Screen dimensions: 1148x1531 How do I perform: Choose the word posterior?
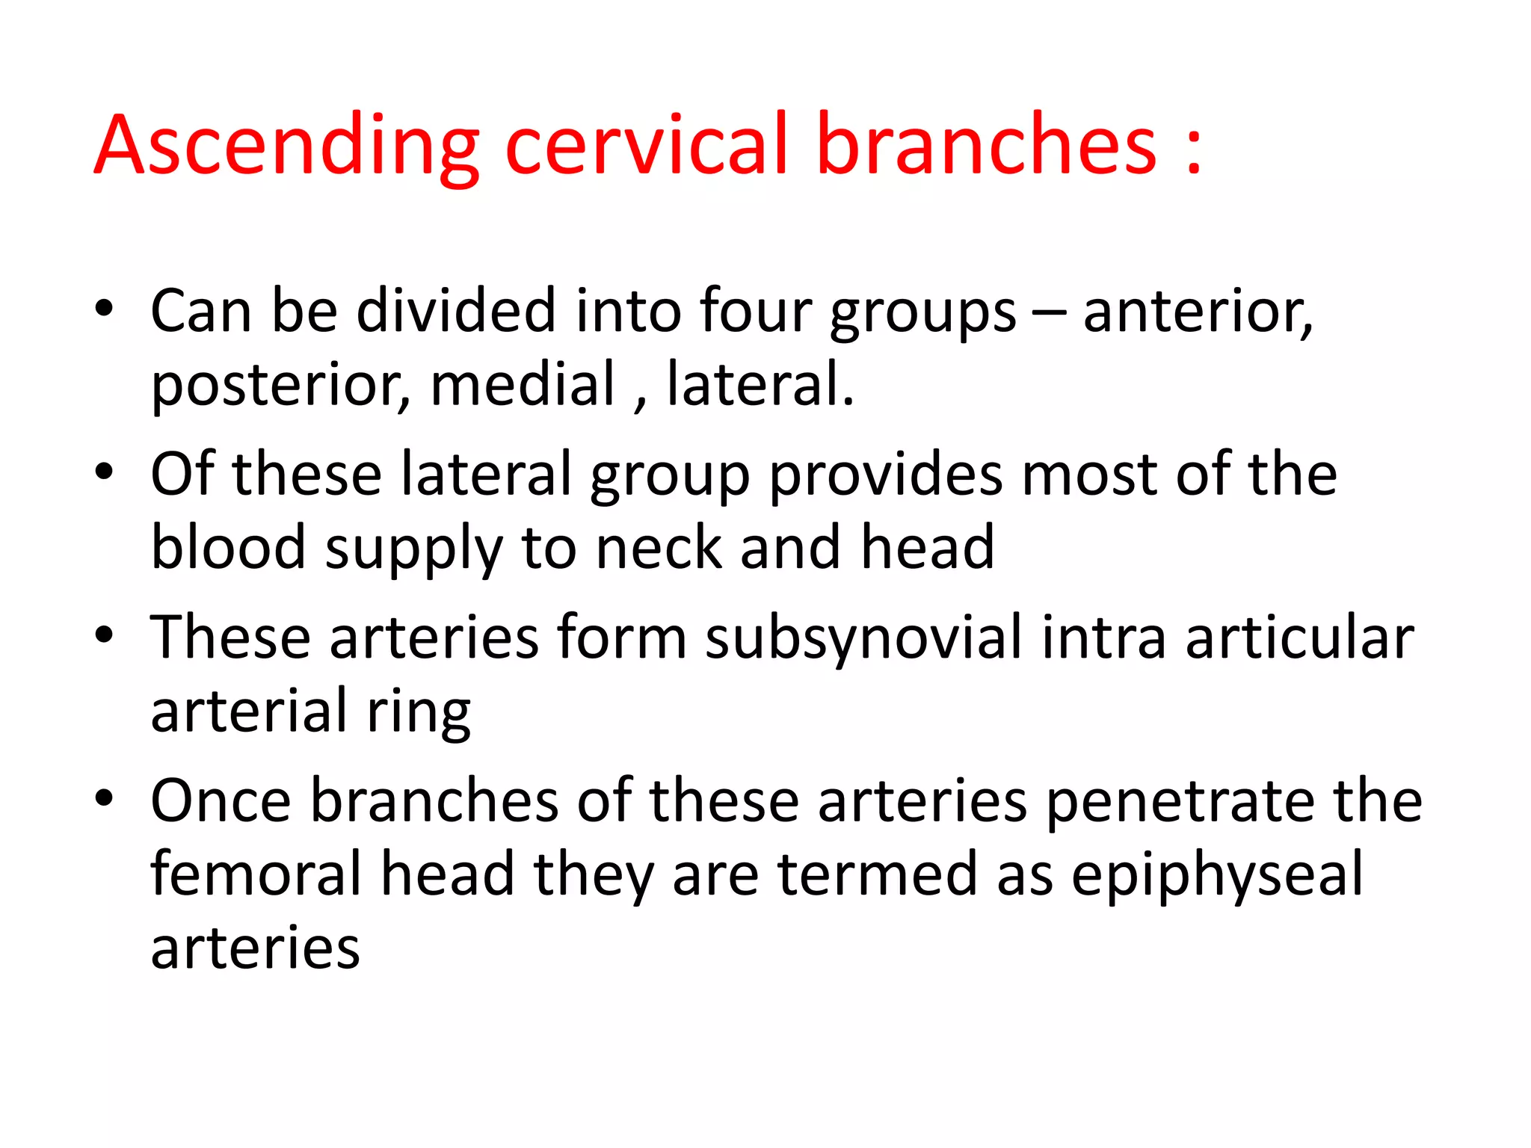(x=280, y=386)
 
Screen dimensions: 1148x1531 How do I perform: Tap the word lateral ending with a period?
(x=760, y=384)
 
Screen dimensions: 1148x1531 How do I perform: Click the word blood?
(x=228, y=547)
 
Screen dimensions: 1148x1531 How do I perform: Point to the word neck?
(x=659, y=547)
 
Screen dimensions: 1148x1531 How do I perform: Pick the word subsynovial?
(x=863, y=638)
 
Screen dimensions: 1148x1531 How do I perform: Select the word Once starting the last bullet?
(x=221, y=801)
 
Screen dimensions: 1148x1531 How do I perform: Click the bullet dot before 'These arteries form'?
(x=104, y=635)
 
